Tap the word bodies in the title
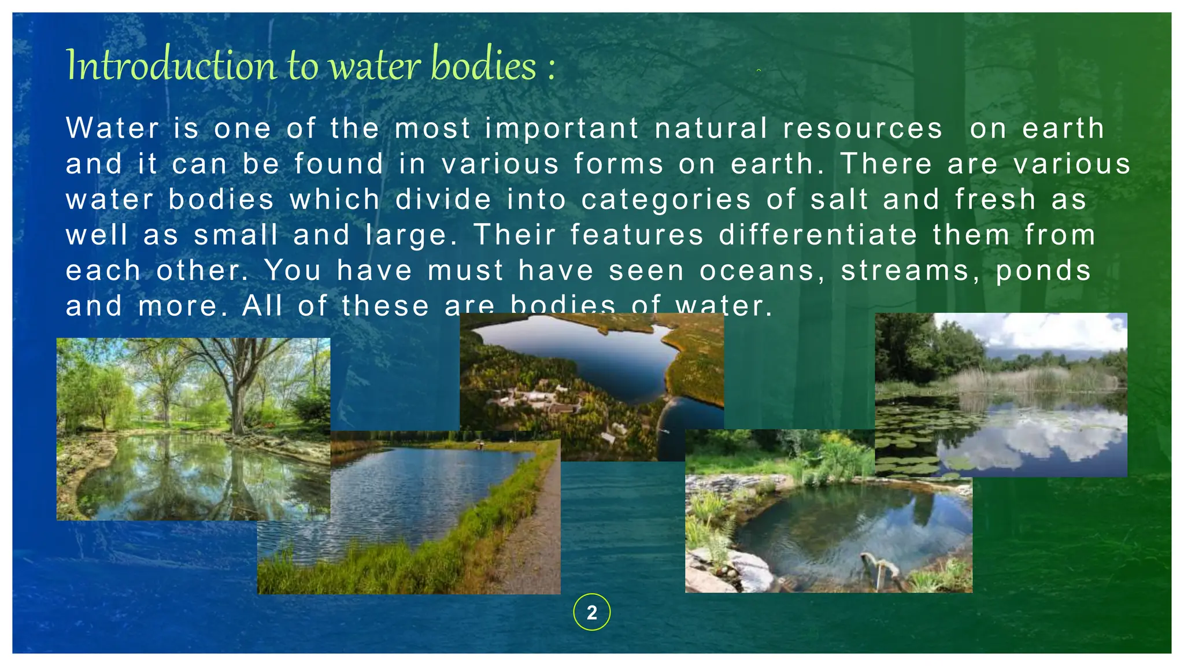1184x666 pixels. click(x=483, y=65)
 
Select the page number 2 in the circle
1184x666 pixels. click(x=591, y=612)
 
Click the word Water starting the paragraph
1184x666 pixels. click(x=113, y=128)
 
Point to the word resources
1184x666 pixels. click(x=862, y=128)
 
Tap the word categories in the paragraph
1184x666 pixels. click(x=666, y=200)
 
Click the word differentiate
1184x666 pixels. click(x=818, y=235)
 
